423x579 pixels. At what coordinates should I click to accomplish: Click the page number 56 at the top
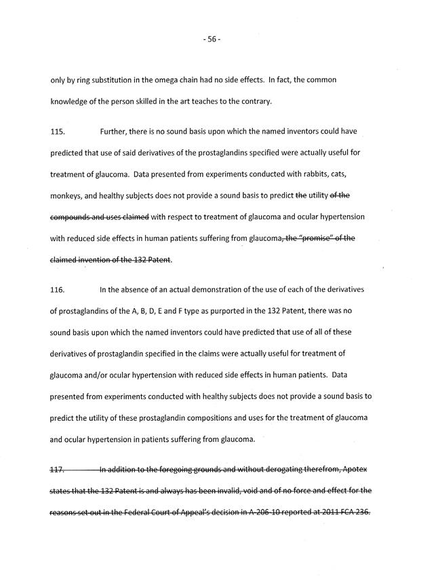[211, 39]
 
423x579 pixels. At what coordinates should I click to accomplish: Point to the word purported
[239, 312]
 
